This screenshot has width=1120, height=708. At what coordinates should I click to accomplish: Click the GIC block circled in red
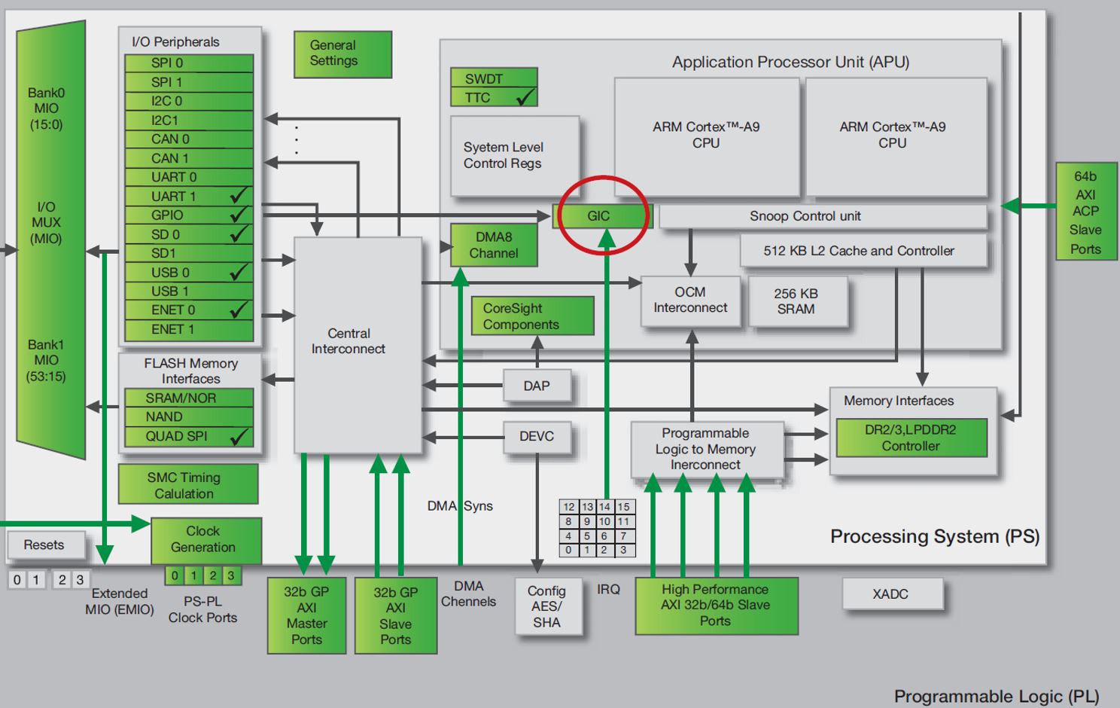click(600, 216)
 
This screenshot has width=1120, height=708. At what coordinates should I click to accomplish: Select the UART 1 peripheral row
click(188, 196)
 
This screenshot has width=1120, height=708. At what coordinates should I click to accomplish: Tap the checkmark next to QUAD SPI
click(239, 436)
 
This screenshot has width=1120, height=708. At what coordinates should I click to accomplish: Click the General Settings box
click(342, 53)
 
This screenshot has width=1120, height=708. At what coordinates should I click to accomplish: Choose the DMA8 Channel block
click(494, 246)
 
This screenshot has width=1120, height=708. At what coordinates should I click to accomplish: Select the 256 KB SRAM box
click(797, 301)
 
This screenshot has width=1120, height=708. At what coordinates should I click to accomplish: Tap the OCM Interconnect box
click(690, 301)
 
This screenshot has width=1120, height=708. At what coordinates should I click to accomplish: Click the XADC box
click(891, 594)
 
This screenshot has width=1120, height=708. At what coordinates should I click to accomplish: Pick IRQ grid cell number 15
click(624, 507)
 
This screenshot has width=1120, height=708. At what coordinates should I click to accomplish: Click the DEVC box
click(537, 436)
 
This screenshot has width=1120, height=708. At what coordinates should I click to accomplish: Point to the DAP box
click(537, 386)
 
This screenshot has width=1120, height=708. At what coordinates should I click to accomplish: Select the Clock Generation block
click(205, 539)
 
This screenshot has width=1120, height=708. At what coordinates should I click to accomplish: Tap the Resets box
click(44, 545)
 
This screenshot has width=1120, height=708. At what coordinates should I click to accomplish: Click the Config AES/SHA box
click(547, 607)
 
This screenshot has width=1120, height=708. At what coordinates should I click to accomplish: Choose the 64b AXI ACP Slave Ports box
click(1085, 212)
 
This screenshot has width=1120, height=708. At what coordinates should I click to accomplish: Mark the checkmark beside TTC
click(525, 97)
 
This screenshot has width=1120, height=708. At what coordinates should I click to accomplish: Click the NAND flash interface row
click(188, 417)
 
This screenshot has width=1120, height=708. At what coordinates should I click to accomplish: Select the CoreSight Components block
click(532, 316)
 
